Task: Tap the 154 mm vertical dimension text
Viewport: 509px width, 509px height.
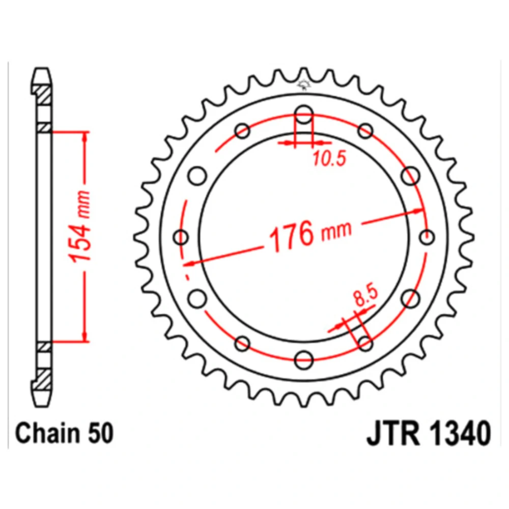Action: (x=79, y=227)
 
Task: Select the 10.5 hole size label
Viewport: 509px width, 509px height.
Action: (x=329, y=159)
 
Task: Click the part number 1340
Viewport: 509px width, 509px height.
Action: (x=459, y=433)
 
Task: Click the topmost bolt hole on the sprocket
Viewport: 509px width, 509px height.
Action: (x=304, y=114)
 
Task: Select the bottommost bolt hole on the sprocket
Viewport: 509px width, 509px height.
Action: (x=304, y=360)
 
